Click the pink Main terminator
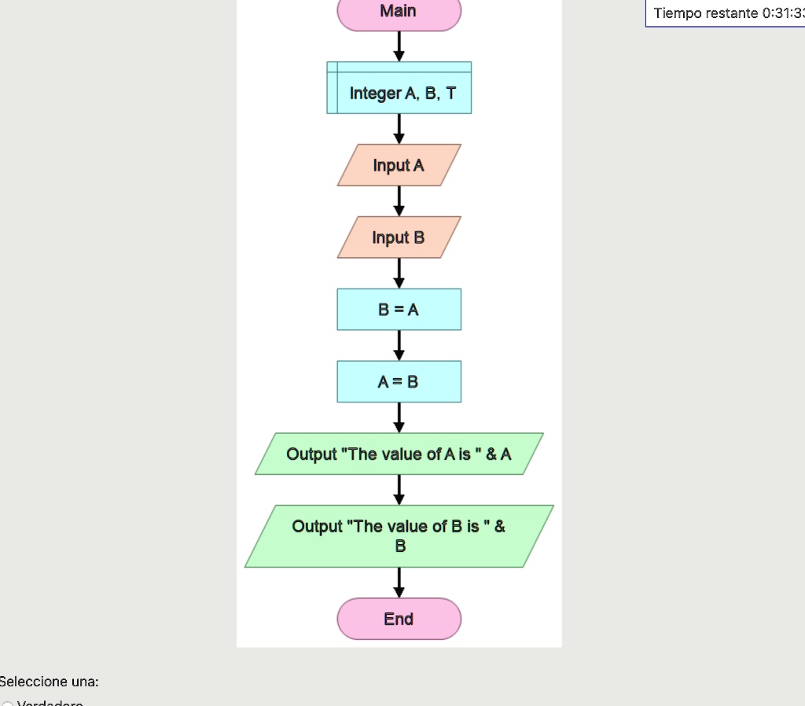[x=399, y=13]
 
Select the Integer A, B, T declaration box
[x=399, y=87]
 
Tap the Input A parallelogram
[x=399, y=165]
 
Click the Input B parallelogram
[x=399, y=237]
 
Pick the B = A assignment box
[x=399, y=310]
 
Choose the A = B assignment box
[x=399, y=382]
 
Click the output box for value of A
[x=399, y=454]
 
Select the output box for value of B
[x=399, y=536]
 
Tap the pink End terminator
[x=399, y=620]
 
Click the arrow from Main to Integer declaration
[x=399, y=46]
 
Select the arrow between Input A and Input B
[x=399, y=201]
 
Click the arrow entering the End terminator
[x=399, y=583]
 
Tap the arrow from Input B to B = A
[x=399, y=274]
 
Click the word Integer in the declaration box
[x=375, y=94]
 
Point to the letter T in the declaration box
[x=450, y=94]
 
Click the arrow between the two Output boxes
[x=399, y=490]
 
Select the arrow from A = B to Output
[x=399, y=417]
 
